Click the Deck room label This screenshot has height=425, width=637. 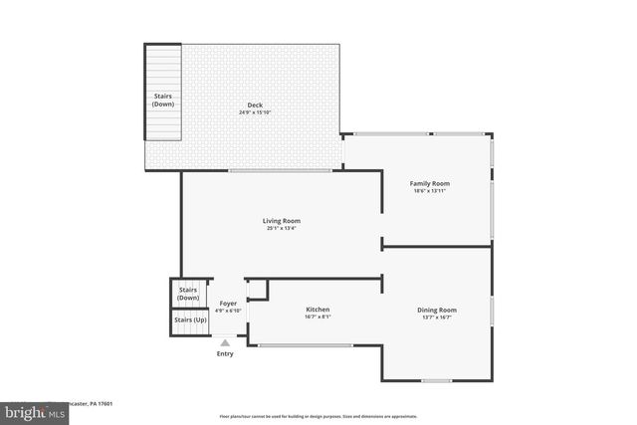256,105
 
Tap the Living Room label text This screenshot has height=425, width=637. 282,220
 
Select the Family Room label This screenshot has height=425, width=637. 430,183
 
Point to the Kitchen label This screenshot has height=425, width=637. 318,310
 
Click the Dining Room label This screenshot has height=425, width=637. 436,311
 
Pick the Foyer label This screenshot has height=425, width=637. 228,303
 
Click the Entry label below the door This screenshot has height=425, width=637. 226,353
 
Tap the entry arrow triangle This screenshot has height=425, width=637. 226,342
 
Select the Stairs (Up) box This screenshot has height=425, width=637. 190,320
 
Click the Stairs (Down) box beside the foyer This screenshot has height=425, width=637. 188,294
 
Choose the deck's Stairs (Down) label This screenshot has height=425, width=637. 163,101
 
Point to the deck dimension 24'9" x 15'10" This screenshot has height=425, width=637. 256,112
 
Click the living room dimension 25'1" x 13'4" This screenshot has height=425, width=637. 282,229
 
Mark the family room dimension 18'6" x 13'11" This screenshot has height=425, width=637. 430,192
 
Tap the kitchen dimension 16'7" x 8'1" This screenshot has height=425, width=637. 318,319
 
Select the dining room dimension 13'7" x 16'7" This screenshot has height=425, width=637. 436,319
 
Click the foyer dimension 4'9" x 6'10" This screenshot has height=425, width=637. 229,311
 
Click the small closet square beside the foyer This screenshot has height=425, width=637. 257,289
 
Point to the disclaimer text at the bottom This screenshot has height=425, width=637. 318,416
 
